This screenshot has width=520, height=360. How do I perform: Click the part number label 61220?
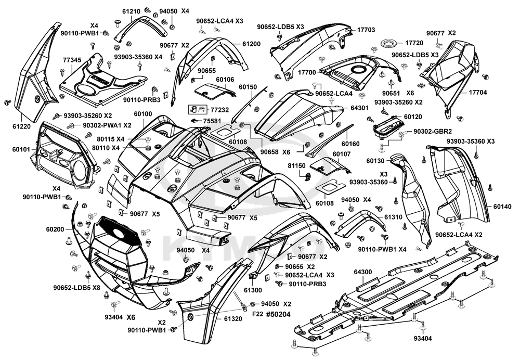22,126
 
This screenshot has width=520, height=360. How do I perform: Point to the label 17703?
366,30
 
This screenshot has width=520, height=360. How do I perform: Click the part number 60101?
21,150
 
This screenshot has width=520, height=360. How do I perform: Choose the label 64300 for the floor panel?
363,272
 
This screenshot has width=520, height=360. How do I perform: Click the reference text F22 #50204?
271,314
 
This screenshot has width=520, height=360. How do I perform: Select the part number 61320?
233,319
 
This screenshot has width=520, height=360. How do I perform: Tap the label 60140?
502,207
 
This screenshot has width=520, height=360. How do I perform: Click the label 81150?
296,165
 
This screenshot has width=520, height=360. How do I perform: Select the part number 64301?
359,108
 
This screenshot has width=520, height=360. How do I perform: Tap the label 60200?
55,229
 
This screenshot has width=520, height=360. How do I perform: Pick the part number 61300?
253,290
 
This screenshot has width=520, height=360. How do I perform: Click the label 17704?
478,93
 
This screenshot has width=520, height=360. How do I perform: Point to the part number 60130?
375,161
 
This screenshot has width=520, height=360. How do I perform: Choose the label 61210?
131,11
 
